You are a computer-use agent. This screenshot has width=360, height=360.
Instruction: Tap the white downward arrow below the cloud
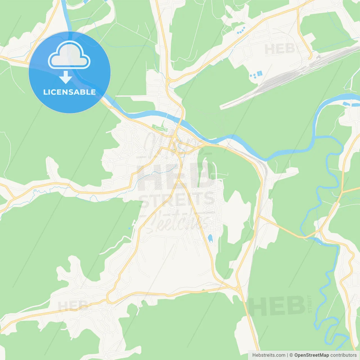(66, 77)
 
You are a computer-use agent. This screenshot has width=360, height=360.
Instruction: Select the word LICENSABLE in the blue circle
(69, 92)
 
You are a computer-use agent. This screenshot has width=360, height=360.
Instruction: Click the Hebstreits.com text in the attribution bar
(269, 355)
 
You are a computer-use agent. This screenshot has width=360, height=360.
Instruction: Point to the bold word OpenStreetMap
(311, 355)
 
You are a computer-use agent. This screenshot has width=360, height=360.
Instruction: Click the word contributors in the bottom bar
(343, 355)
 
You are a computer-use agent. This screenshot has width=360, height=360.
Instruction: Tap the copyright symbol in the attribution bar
(291, 355)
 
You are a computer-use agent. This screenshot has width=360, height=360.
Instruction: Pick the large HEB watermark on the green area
(277, 306)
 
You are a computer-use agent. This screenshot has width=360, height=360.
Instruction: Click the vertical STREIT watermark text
(310, 304)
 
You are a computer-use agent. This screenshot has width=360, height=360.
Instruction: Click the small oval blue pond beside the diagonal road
(210, 238)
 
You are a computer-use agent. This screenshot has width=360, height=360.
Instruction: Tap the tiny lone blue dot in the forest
(129, 228)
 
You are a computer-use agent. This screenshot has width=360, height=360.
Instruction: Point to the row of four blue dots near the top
(241, 30)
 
